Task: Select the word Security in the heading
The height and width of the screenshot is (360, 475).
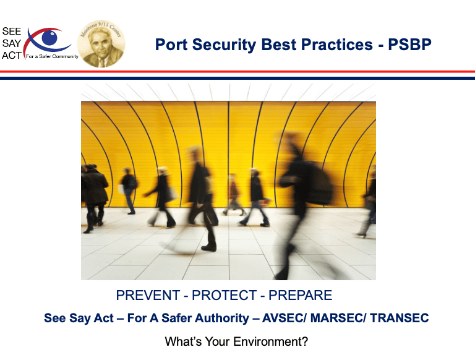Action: click(x=224, y=45)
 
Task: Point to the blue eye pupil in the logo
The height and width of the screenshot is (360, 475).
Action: click(x=49, y=38)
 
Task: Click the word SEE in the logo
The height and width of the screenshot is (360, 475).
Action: click(x=12, y=31)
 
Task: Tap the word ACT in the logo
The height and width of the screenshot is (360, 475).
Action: click(x=12, y=56)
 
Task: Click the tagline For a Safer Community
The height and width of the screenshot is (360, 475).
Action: click(x=52, y=56)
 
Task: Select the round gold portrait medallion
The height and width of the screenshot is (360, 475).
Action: click(x=101, y=44)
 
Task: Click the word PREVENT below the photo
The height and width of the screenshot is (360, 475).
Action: click(x=148, y=295)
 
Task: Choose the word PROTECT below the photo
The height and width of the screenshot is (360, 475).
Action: click(x=225, y=295)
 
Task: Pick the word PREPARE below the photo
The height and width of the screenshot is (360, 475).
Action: click(x=300, y=295)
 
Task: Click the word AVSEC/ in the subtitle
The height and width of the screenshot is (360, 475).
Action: click(x=285, y=318)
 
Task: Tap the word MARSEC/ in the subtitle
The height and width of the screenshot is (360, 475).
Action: click(x=339, y=318)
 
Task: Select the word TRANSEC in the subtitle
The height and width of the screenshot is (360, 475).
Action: click(x=400, y=318)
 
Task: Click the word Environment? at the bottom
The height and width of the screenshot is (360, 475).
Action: click(x=270, y=341)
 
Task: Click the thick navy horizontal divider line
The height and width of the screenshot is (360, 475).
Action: click(x=237, y=78)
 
